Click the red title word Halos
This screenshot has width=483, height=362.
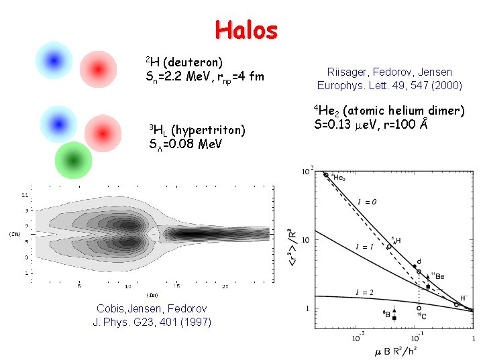246,29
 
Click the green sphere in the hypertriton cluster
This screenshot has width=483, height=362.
72,160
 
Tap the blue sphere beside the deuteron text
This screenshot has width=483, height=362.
54,60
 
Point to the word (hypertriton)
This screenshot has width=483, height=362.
209,129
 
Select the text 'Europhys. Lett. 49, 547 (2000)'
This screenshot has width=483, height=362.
389,85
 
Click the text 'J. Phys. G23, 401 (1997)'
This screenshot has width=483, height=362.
152,322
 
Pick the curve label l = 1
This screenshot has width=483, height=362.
364,247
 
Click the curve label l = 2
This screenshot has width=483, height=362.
364,292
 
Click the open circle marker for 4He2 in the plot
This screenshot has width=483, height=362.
326,175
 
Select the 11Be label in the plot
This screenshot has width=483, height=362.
437,276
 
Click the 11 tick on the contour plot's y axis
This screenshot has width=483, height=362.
25,196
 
